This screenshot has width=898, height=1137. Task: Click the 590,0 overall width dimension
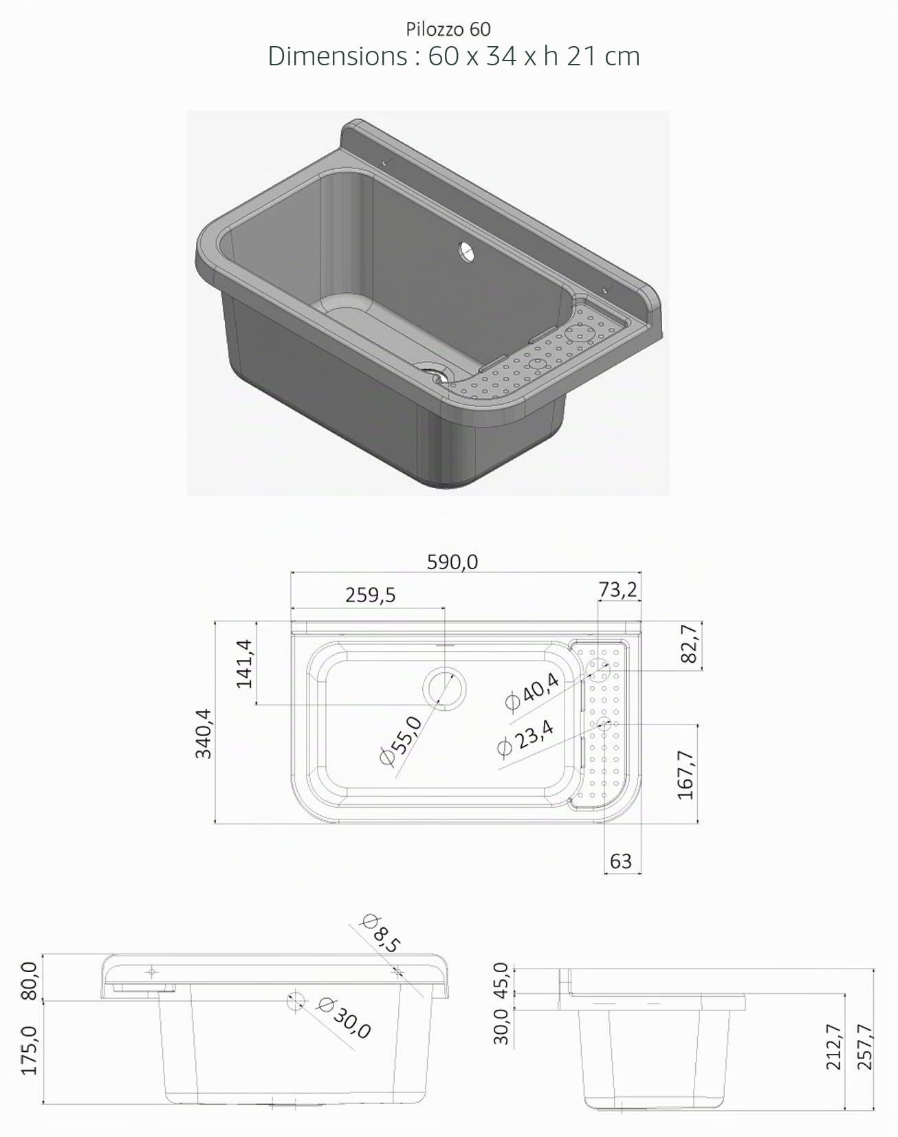tap(452, 562)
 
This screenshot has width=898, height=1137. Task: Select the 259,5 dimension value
tap(370, 595)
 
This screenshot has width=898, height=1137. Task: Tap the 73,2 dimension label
tap(617, 590)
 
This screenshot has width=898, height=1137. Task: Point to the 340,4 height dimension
tap(204, 733)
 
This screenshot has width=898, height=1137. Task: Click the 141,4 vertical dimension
tap(245, 663)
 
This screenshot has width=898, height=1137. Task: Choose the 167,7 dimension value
tap(686, 775)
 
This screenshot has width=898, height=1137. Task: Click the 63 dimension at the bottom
tap(621, 861)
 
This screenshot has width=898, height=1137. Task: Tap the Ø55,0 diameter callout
tap(402, 740)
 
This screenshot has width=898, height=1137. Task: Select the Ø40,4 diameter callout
tap(532, 692)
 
